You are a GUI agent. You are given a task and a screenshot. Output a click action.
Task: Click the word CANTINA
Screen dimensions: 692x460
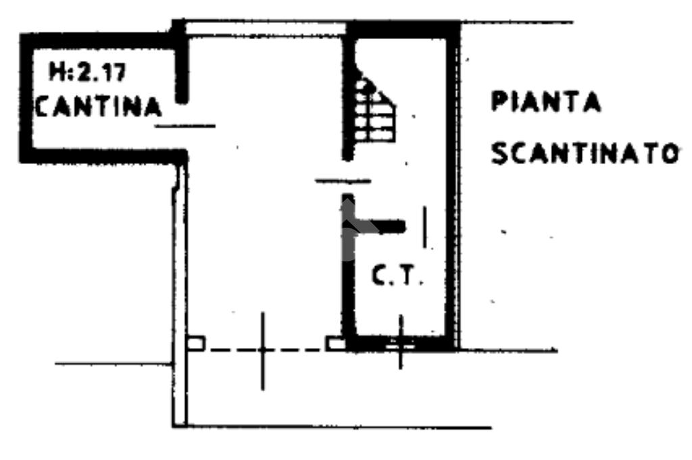tap(98, 107)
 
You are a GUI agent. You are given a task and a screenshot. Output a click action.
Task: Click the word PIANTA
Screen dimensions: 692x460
tap(545, 103)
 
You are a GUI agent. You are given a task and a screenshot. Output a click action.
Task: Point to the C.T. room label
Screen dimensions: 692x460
tap(397, 276)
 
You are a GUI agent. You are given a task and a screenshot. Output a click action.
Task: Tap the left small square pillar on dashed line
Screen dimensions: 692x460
tap(195, 344)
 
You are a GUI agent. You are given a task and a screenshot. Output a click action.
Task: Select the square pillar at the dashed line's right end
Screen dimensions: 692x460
tap(335, 344)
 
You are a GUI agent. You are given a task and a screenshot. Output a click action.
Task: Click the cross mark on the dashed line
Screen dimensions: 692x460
tap(263, 350)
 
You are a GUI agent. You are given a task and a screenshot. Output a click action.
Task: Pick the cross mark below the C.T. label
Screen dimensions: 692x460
tap(400, 343)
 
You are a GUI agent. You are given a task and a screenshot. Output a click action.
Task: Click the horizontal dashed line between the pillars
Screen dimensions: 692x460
tap(297, 350)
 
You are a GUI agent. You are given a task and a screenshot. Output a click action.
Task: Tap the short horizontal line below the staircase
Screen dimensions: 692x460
tap(343, 180)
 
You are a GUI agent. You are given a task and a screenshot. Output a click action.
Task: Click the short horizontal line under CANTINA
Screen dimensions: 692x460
tap(185, 126)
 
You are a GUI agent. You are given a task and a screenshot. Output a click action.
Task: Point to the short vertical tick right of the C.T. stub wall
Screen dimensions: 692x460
tap(424, 226)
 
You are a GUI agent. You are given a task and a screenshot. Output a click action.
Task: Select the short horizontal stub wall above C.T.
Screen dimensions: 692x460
tap(382, 226)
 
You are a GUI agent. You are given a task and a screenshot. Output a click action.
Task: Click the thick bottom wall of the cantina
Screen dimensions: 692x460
tap(101, 156)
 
